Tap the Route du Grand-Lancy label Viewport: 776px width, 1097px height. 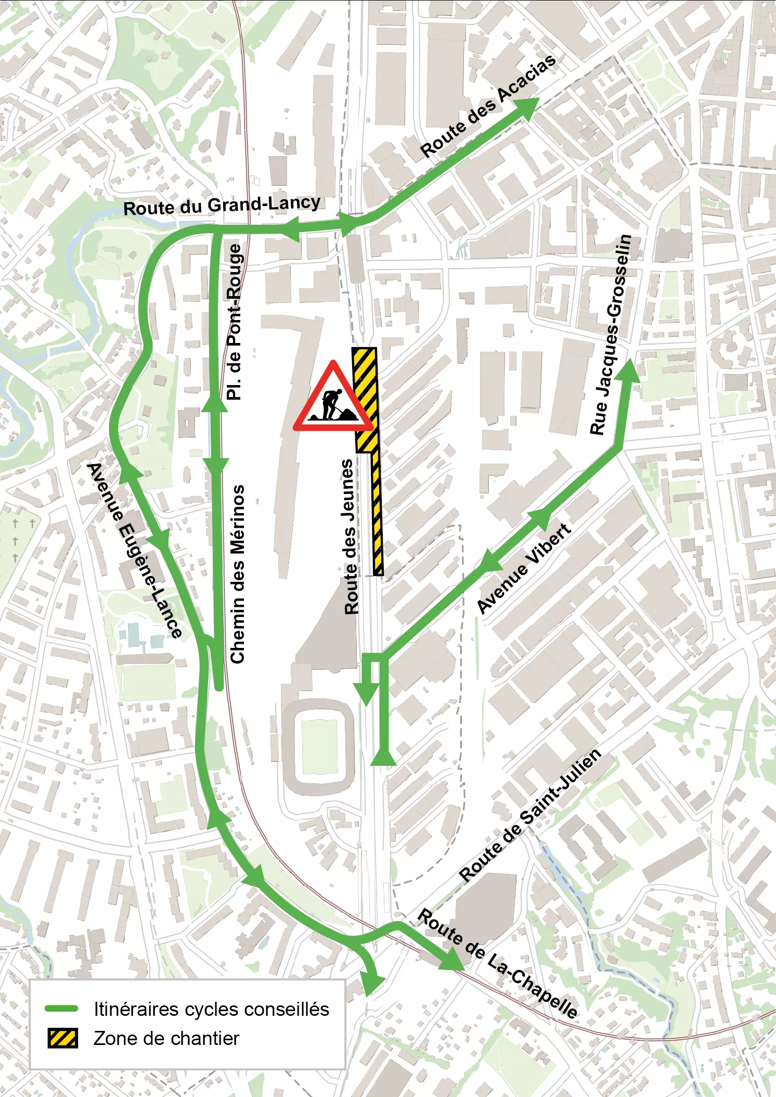pos(222,205)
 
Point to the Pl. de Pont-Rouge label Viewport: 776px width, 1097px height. pos(235,322)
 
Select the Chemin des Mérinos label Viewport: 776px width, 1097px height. pos(237,574)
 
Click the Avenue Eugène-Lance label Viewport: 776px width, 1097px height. pos(135,550)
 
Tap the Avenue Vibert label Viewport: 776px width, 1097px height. pos(524,569)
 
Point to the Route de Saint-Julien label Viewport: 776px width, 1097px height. pos(530,816)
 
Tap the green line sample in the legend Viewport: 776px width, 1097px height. pos(62,1009)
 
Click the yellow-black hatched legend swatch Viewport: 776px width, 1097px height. pos(62,1038)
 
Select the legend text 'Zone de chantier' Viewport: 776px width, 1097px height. pos(166,1038)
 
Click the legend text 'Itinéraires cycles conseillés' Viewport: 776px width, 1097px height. pos(211,1009)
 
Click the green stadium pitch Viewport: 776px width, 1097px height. pos(320,746)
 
